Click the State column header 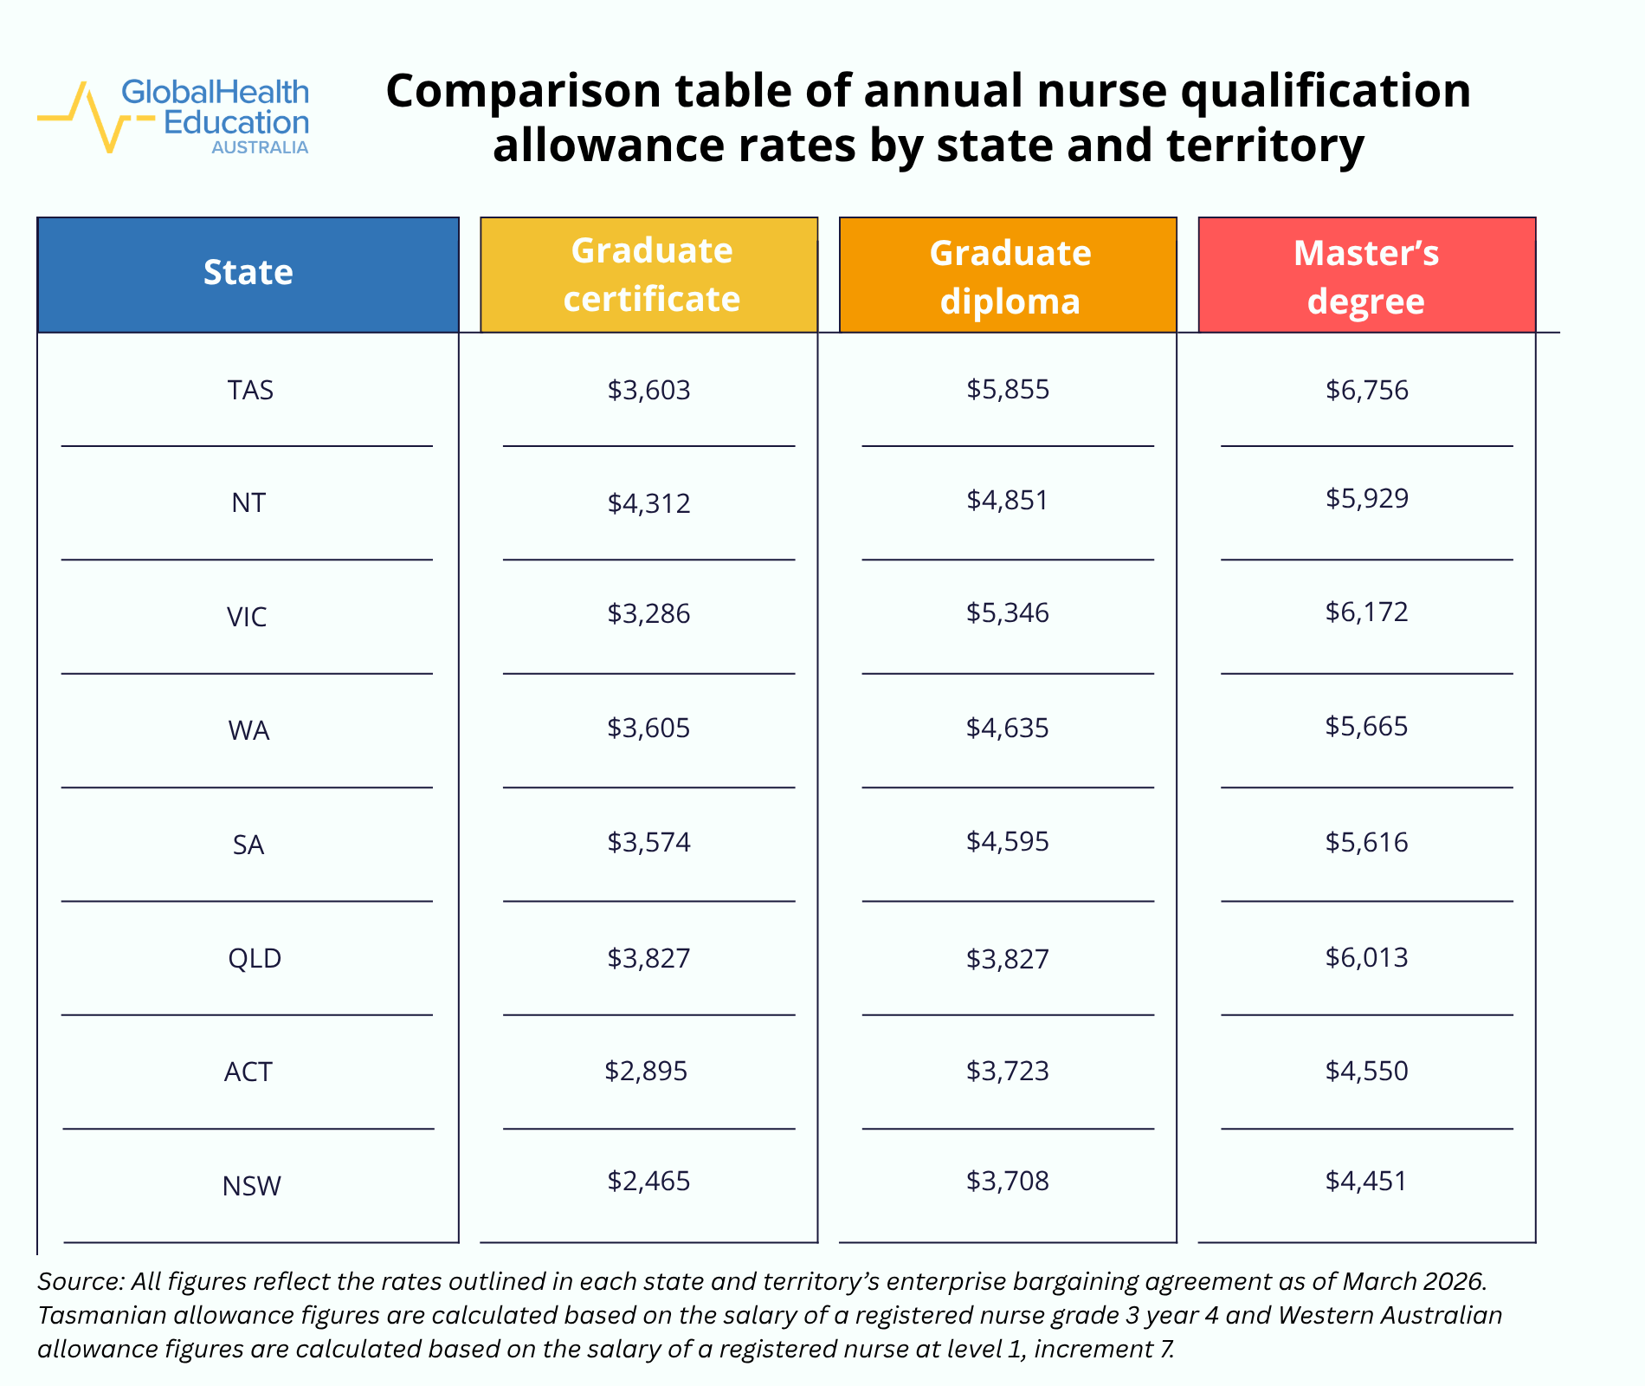[248, 273]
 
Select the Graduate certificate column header [651, 275]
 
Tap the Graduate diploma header [1010, 276]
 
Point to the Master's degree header [1366, 276]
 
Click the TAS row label [250, 391]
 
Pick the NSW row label [251, 1186]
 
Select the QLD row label [255, 958]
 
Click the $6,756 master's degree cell [1366, 390]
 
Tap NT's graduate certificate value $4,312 [648, 503]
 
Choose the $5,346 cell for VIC [1007, 613]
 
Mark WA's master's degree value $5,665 [1366, 726]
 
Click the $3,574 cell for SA [648, 842]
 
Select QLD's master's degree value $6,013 [1366, 957]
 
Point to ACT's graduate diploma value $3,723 [1007, 1072]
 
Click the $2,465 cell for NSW [648, 1182]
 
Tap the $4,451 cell [1366, 1181]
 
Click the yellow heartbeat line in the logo [87, 117]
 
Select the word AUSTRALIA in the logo [260, 148]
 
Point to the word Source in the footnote [80, 1281]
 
